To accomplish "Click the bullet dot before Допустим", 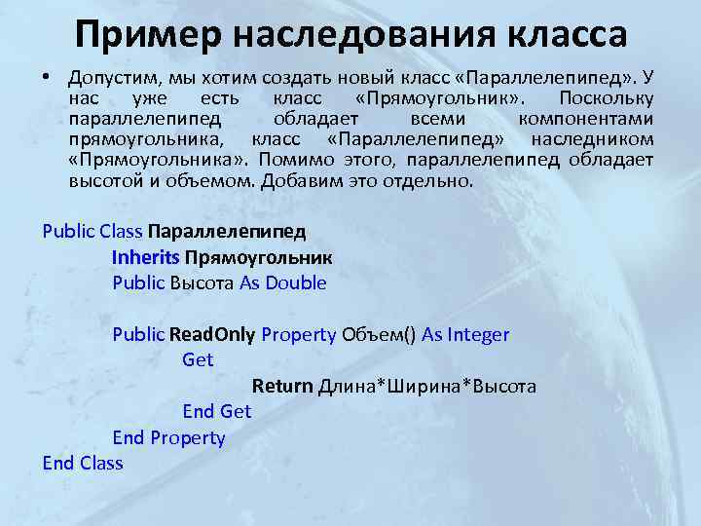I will click(47, 77).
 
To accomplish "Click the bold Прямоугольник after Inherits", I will click(258, 258).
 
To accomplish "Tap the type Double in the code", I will click(296, 283).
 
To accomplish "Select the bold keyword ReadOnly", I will click(212, 335).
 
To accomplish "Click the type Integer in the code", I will click(478, 335).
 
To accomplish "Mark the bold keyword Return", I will click(282, 387).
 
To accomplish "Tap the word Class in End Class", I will click(101, 464).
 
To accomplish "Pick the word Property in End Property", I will click(188, 438).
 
